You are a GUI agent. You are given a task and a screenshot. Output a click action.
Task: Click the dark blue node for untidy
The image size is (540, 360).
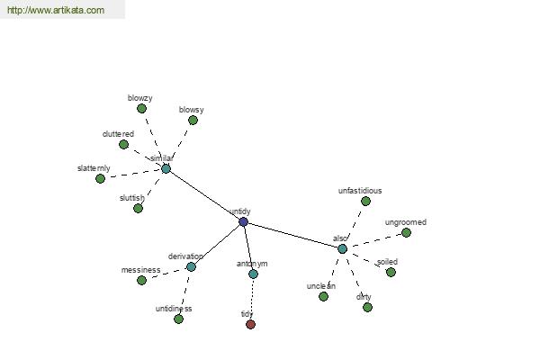tap(244, 222)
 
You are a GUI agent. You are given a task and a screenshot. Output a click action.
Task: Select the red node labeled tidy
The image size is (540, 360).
tap(251, 324)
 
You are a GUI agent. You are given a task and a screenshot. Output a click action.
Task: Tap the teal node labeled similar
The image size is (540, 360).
tap(166, 169)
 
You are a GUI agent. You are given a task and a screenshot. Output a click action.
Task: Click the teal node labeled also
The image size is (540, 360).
tap(342, 248)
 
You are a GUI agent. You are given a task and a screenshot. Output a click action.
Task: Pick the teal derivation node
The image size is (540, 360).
tap(191, 266)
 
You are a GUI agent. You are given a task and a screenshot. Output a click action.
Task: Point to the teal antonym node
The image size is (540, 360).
tap(253, 274)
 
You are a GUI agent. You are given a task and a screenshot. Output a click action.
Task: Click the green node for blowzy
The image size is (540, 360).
tap(141, 109)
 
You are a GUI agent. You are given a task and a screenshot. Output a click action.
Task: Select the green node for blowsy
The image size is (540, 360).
tap(193, 121)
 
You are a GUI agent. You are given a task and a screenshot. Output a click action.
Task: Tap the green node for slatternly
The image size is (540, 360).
tap(100, 178)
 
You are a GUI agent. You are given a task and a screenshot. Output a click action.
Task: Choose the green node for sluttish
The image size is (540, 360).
tap(138, 209)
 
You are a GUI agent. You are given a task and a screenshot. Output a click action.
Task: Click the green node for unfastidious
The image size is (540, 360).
tap(365, 202)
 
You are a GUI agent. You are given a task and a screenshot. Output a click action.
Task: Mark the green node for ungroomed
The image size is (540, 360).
tap(407, 233)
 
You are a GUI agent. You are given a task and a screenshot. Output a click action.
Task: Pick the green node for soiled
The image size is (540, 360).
tap(391, 272)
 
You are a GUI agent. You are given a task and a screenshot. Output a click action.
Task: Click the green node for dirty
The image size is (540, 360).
tap(367, 307)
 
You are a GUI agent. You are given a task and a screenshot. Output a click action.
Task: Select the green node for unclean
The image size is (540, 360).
tap(323, 296)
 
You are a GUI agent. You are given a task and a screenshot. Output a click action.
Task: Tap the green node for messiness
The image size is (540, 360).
tap(141, 281)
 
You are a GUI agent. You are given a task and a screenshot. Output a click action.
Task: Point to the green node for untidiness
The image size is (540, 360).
tap(178, 319)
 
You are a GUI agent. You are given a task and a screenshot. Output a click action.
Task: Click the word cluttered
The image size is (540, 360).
tap(118, 134)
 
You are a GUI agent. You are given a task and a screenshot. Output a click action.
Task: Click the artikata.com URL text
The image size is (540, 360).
tap(56, 10)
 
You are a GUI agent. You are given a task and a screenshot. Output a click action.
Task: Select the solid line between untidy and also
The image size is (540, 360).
tap(292, 235)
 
